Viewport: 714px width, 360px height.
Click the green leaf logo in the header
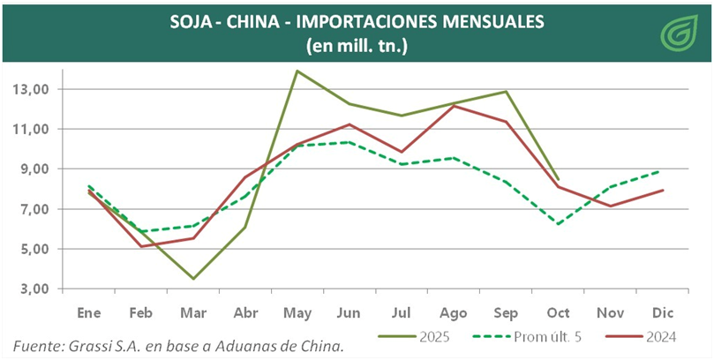[679, 34]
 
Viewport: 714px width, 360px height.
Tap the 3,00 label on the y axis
[32, 289]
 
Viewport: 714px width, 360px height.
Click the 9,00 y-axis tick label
[32, 169]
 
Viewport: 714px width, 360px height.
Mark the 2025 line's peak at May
[297, 71]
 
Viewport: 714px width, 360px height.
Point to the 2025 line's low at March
[193, 279]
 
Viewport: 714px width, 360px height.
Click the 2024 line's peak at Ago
[454, 106]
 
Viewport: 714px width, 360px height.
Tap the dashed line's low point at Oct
[557, 224]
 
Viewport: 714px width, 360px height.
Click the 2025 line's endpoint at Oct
[557, 179]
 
